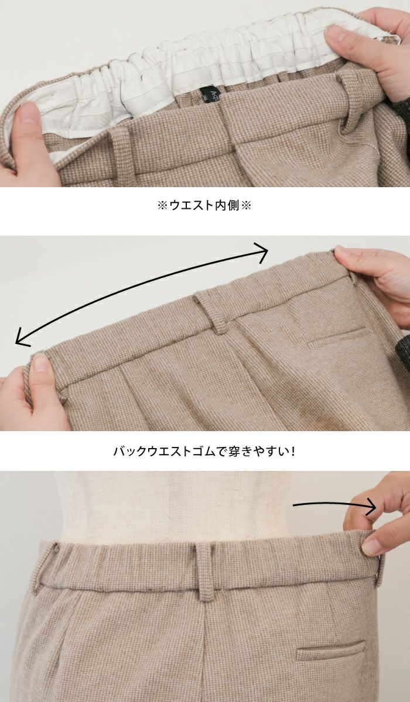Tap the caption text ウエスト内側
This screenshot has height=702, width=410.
pos(204,205)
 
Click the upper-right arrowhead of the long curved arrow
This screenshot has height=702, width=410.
pos(263,252)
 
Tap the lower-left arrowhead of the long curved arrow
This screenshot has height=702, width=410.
pos(22,338)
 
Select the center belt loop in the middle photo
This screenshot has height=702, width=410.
pos(211,312)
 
